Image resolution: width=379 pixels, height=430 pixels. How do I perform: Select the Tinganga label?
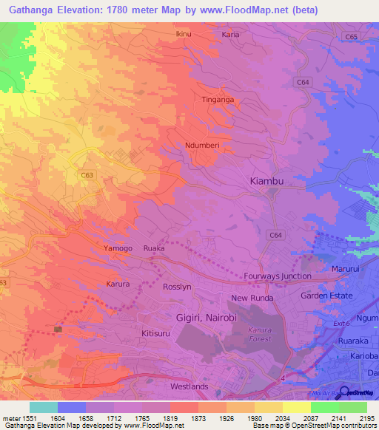click(218, 99)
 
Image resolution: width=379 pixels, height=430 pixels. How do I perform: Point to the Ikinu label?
click(185, 35)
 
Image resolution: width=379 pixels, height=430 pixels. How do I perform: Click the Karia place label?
click(230, 35)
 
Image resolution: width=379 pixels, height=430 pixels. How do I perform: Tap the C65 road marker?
click(350, 36)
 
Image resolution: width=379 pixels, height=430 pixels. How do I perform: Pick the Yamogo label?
click(118, 248)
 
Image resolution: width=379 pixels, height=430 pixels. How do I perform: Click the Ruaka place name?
click(154, 248)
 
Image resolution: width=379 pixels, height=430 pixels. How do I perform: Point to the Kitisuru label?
click(156, 334)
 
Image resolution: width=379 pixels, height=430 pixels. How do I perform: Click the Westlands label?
click(189, 386)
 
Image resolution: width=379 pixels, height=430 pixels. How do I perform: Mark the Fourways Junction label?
click(278, 276)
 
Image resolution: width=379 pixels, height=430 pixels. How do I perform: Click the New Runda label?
click(252, 298)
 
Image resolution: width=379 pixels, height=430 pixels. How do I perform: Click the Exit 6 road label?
click(341, 324)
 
